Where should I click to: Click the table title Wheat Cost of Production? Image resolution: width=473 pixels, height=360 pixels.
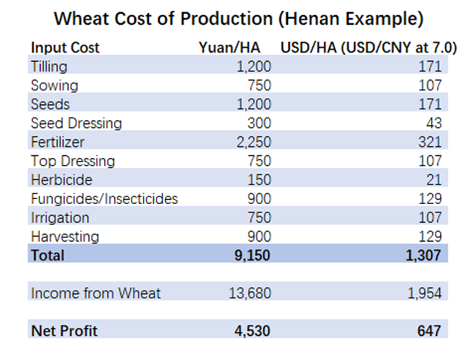pyautogui.click(x=238, y=18)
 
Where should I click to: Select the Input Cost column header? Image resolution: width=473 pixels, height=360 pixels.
pyautogui.click(x=65, y=48)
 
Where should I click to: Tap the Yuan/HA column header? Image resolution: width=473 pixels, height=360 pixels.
pyautogui.click(x=235, y=48)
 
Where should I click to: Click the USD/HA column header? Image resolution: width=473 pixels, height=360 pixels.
pyautogui.click(x=369, y=48)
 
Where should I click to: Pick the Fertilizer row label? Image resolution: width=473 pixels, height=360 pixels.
pyautogui.click(x=57, y=142)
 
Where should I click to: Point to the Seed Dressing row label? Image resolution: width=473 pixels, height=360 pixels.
pyautogui.click(x=76, y=123)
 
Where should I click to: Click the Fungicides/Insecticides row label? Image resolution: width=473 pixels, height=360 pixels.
pyautogui.click(x=104, y=198)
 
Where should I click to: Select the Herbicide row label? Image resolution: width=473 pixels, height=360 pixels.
pyautogui.click(x=61, y=179)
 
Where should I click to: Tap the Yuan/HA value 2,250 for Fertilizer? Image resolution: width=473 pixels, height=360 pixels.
pyautogui.click(x=254, y=142)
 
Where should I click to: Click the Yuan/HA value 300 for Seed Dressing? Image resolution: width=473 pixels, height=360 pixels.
pyautogui.click(x=259, y=123)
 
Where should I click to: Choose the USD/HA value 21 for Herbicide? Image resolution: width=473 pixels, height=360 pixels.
pyautogui.click(x=434, y=179)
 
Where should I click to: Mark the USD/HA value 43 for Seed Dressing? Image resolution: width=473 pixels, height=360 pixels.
pyautogui.click(x=434, y=123)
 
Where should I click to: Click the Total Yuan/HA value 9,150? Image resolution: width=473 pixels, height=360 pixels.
pyautogui.click(x=254, y=256)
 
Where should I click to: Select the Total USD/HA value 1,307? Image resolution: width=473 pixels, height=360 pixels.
pyautogui.click(x=423, y=256)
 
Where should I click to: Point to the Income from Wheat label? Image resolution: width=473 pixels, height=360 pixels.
pyautogui.click(x=96, y=293)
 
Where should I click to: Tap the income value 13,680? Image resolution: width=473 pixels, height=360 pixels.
pyautogui.click(x=249, y=293)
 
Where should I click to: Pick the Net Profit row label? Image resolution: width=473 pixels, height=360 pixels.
pyautogui.click(x=64, y=331)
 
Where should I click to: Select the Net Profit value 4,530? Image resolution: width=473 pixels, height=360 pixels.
pyautogui.click(x=254, y=331)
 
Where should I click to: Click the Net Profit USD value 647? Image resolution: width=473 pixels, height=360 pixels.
pyautogui.click(x=430, y=331)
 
